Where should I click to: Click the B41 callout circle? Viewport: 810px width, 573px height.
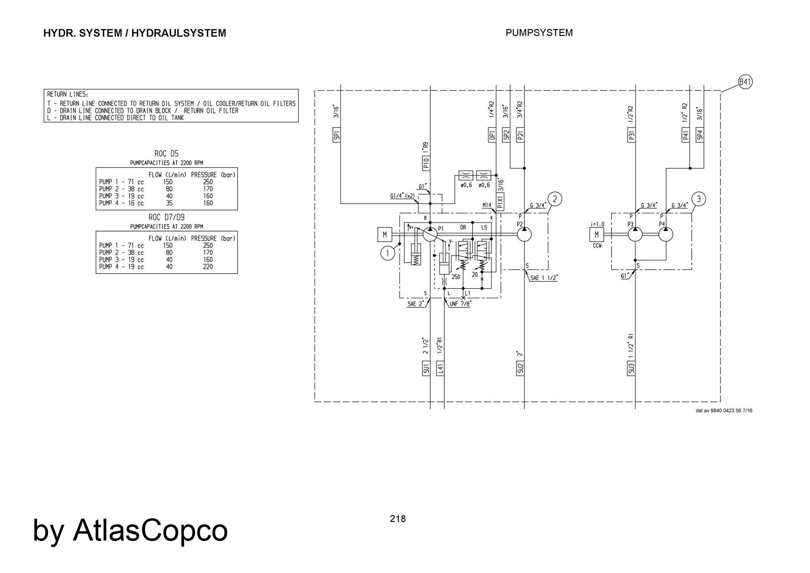(745, 82)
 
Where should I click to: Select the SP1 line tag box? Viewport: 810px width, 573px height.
(337, 135)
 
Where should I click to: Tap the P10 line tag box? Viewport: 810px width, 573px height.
(426, 163)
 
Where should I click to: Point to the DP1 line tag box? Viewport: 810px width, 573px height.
(492, 135)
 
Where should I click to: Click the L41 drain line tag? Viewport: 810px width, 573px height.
(440, 368)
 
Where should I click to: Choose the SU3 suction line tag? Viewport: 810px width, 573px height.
(631, 368)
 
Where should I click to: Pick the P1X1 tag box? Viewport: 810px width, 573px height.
(500, 201)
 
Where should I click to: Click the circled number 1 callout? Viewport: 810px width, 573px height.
(388, 253)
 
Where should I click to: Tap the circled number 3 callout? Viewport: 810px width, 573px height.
(699, 199)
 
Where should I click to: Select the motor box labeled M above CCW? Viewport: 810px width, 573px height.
(597, 234)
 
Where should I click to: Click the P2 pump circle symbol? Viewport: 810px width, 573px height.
(524, 234)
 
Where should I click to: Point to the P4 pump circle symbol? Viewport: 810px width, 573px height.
(666, 234)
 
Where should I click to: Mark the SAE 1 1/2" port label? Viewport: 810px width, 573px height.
(544, 278)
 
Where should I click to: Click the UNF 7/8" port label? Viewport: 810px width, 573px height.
(460, 303)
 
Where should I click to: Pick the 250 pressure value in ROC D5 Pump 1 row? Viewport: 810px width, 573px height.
(208, 182)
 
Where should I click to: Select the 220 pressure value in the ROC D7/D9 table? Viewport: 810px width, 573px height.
(208, 267)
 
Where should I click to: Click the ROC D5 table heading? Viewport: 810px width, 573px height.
(166, 154)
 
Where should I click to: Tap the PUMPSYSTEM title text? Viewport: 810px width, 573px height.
(539, 33)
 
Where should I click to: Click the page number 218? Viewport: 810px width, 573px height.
(398, 519)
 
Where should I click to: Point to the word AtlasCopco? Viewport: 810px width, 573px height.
(150, 530)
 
